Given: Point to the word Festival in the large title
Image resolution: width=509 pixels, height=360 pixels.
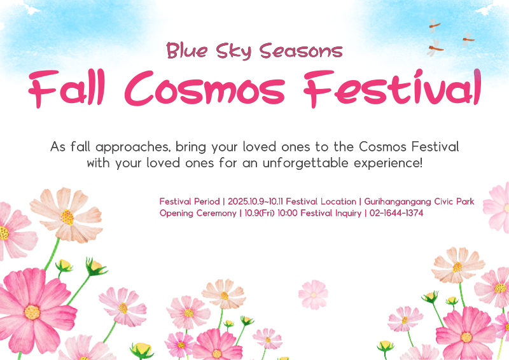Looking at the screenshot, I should pos(391,88).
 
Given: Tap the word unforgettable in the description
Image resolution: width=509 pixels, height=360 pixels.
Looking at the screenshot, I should pos(303,163).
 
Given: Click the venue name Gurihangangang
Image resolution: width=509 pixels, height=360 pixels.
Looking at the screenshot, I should pos(398,201).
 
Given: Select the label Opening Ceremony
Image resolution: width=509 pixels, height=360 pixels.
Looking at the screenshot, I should pos(197,213).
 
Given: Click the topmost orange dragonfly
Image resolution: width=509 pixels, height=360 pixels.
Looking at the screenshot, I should pos(435,25).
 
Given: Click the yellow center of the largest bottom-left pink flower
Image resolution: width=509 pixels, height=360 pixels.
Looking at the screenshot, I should pos(32,312).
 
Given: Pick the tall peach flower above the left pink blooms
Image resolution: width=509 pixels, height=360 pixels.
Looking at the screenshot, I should pos(67,215).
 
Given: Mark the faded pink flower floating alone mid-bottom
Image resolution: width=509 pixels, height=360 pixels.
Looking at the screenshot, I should pos(313,294).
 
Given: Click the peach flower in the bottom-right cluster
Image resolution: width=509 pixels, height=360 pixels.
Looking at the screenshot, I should pos(457,265).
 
